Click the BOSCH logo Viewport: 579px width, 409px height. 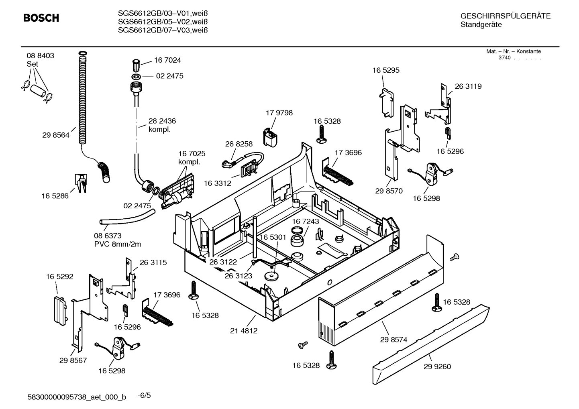pos(41,18)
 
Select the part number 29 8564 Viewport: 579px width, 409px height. pos(55,135)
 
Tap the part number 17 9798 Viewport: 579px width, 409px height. pos(279,113)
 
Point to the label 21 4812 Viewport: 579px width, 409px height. pos(244,331)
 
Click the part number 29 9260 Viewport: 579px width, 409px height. pos(437,366)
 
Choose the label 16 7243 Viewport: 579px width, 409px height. pos(305,222)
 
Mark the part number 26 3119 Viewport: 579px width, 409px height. pos(468,86)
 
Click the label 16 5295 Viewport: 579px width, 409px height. pos(386,70)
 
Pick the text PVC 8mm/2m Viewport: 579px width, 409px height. pos(117,244)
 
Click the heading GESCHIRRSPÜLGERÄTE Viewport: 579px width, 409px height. pos(505,16)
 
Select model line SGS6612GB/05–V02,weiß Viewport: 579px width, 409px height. pos(163,22)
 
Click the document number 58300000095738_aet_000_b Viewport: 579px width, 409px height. pos(76,397)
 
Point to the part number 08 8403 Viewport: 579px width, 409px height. pos(40,56)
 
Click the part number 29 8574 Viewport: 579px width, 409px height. pos(393,340)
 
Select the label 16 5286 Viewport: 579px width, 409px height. pos(55,196)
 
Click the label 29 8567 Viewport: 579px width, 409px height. pos(73,360)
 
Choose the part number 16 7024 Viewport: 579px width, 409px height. pos(167,60)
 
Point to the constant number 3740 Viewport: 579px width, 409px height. pos(504,58)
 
